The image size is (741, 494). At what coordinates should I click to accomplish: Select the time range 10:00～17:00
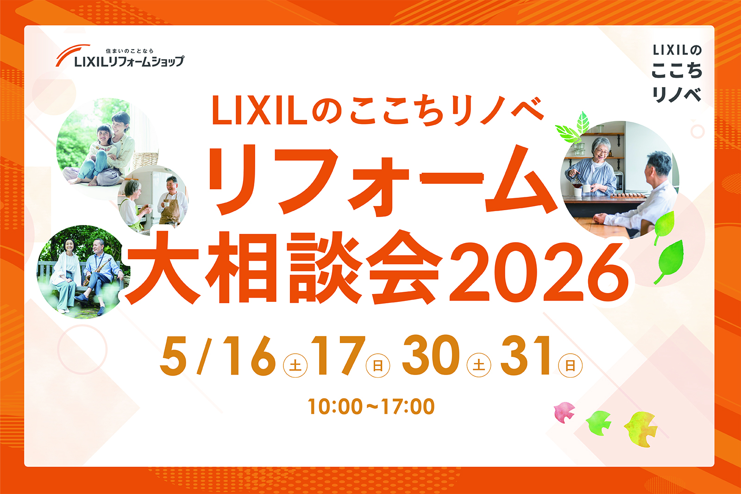(371, 406)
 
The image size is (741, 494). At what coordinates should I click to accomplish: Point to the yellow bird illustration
(641, 429)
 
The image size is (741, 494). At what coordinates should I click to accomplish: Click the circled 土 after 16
(295, 366)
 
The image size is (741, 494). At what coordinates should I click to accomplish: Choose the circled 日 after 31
(570, 365)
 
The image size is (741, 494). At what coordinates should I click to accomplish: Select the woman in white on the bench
(67, 275)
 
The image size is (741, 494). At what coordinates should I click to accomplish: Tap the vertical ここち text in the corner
(677, 71)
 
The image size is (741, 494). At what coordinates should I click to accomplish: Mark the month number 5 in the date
(173, 356)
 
